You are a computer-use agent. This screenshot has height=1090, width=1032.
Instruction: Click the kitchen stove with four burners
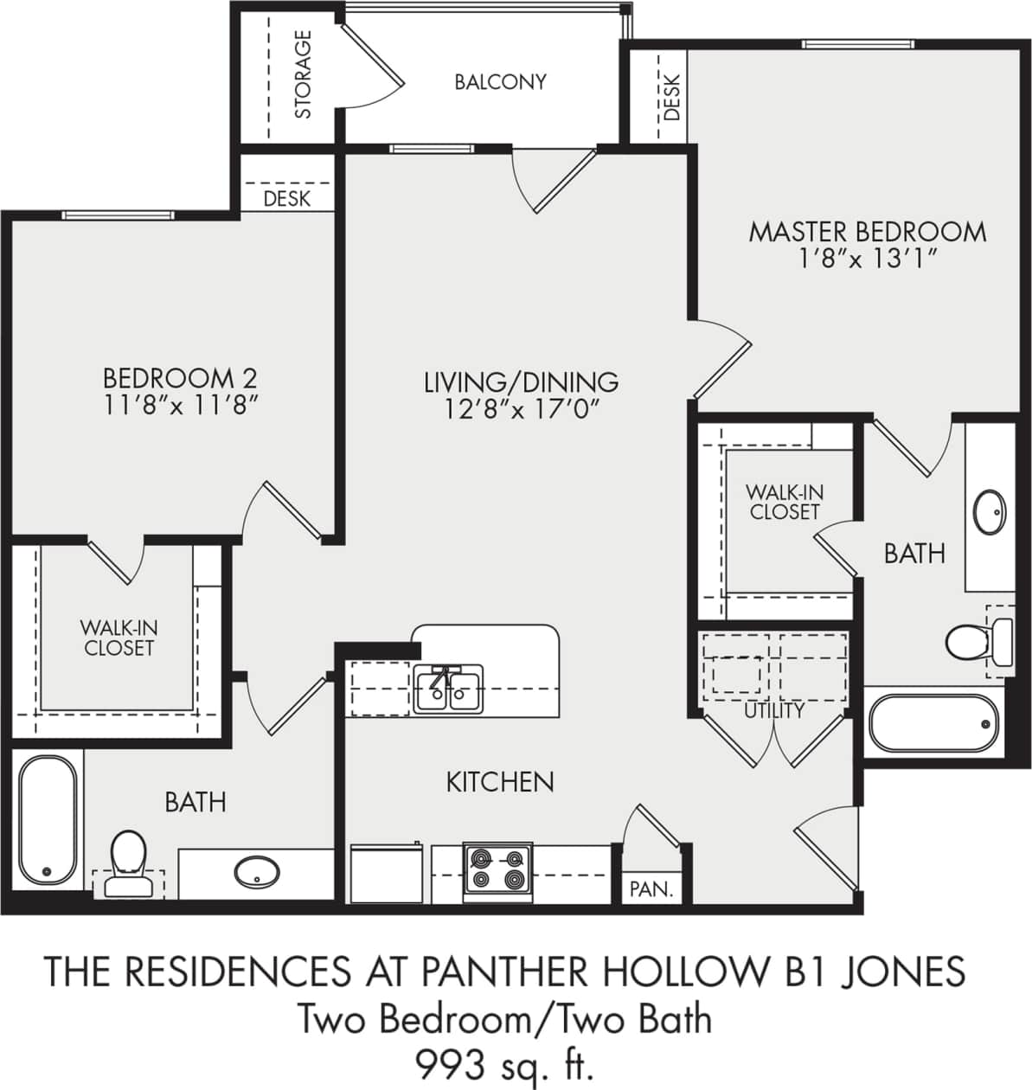click(497, 869)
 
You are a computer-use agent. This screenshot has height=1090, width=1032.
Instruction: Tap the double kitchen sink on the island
click(448, 689)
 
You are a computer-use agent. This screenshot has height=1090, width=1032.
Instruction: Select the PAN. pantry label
click(651, 888)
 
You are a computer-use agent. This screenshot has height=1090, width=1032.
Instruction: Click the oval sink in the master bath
click(990, 512)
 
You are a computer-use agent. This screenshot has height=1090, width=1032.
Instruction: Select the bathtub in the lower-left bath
click(47, 818)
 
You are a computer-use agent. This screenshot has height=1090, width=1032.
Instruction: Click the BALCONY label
click(500, 81)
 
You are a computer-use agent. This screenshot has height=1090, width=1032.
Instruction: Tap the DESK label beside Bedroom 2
click(286, 199)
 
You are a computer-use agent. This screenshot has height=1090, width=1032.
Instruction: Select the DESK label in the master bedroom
click(672, 95)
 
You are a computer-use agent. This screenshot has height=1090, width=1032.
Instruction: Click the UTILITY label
click(774, 710)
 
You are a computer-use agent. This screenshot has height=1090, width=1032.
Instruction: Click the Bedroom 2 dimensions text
click(180, 405)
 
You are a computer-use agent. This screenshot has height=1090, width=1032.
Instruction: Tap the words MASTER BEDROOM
click(867, 232)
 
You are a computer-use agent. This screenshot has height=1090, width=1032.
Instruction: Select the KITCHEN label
click(499, 782)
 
